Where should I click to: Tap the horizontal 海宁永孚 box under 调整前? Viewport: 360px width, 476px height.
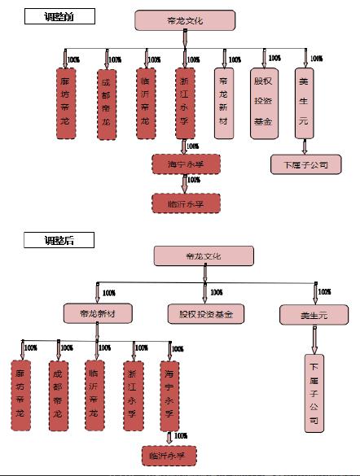pos(185,164)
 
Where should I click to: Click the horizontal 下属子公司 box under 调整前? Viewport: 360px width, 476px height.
pos(305,165)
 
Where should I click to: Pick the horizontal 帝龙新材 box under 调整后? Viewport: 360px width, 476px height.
pos(96,312)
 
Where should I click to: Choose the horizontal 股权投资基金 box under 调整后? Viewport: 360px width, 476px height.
pos(206,313)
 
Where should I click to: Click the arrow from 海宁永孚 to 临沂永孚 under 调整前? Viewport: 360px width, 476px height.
pos(185,184)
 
